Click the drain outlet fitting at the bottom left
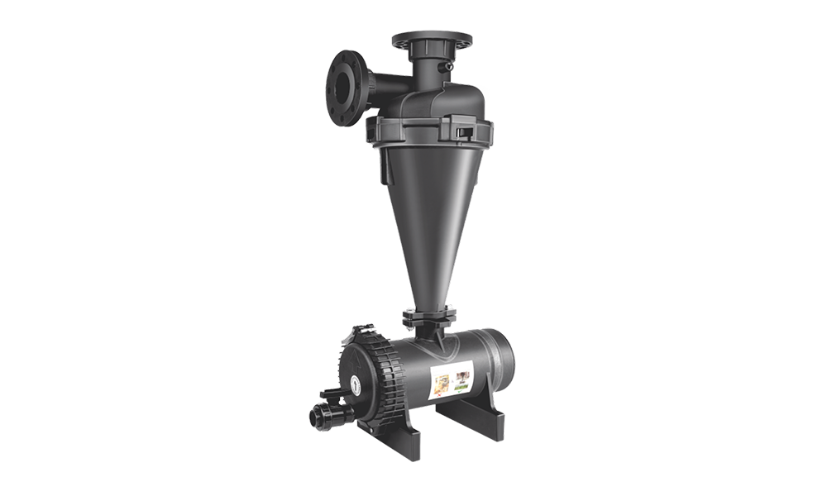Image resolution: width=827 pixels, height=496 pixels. point(326,413)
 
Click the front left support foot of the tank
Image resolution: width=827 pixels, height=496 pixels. point(413,438)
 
